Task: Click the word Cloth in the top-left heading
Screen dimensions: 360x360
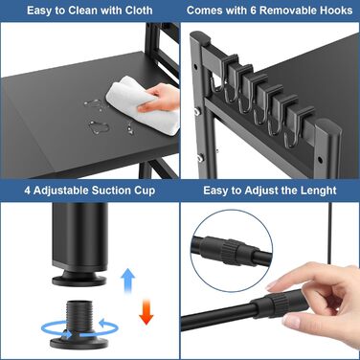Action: [134, 11]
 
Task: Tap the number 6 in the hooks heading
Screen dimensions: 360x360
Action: [253, 11]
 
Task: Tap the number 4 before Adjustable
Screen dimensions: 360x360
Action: [28, 191]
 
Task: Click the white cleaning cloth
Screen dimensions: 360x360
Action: [144, 105]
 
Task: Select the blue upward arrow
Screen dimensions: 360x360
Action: [127, 281]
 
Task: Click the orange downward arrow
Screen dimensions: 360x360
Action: [146, 311]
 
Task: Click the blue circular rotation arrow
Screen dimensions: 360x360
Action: [79, 328]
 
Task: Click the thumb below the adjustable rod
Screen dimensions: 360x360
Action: [292, 320]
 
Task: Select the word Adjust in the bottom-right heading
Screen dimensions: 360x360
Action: [261, 191]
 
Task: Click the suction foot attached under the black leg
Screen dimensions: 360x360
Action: [79, 277]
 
